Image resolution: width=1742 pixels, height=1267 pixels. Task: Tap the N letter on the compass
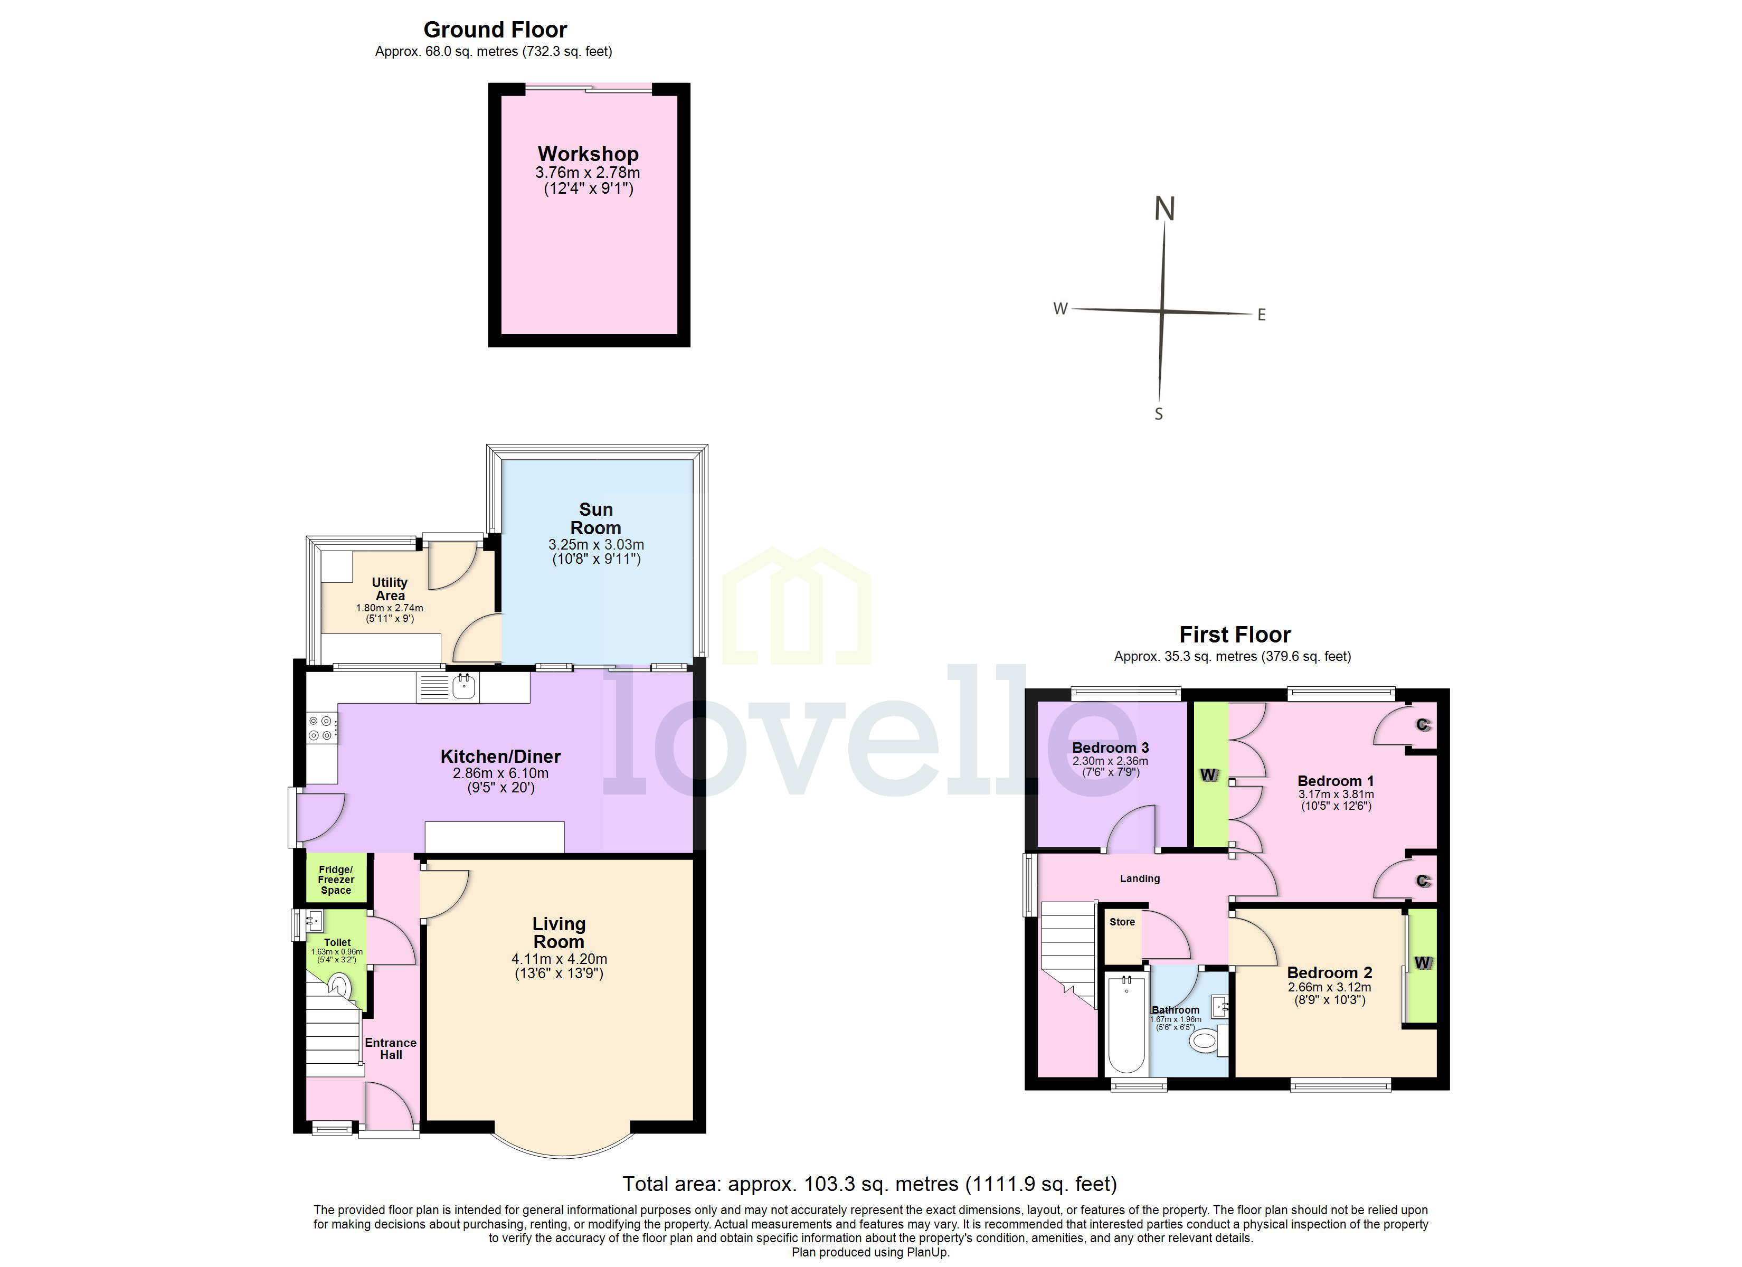coord(1165,209)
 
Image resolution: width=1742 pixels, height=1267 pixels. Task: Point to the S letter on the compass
coord(1158,414)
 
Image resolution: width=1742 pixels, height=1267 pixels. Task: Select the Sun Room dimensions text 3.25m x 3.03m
coord(596,544)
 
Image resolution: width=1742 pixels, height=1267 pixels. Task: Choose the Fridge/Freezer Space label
coord(336,880)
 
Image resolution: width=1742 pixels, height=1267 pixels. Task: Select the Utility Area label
coord(390,589)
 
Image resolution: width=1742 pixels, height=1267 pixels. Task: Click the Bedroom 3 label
coord(1110,748)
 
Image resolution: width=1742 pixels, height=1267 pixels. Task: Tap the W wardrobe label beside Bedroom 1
coord(1209,774)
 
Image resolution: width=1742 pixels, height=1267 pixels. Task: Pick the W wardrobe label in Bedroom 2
coord(1423,963)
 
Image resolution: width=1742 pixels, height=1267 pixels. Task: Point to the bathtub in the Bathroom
coord(1127,1026)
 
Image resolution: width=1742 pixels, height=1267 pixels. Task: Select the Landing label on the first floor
coord(1139,878)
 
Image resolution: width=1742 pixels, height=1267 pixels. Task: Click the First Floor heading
coord(1234,635)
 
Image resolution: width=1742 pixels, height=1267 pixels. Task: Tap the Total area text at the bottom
coord(869,1184)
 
